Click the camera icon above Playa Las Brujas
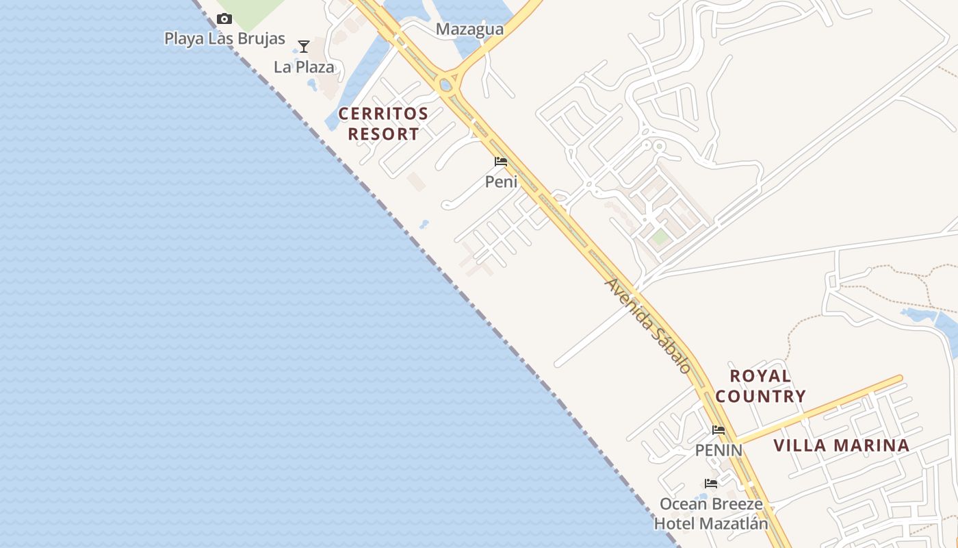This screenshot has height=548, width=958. click(x=224, y=19)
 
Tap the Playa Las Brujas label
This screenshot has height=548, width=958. click(x=224, y=38)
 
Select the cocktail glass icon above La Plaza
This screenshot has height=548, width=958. click(x=304, y=47)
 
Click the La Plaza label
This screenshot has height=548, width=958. click(x=304, y=67)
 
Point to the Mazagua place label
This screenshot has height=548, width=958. click(x=469, y=29)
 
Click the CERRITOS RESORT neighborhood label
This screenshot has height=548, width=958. click(x=383, y=124)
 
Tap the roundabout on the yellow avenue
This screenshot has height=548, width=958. click(x=446, y=86)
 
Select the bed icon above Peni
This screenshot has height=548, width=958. click(x=501, y=162)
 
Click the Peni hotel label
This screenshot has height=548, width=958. click(x=501, y=182)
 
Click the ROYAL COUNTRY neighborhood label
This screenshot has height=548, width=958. click(x=760, y=386)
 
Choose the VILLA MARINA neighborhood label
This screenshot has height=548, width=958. click(x=841, y=446)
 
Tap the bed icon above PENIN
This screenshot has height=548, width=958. click(x=718, y=431)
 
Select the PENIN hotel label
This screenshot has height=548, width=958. click(x=718, y=450)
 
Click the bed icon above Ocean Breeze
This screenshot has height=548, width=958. click(x=711, y=484)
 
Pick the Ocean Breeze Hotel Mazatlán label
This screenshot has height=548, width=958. click(x=711, y=514)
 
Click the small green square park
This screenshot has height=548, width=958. click(x=660, y=237)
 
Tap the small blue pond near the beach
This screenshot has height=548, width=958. click(x=424, y=224)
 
